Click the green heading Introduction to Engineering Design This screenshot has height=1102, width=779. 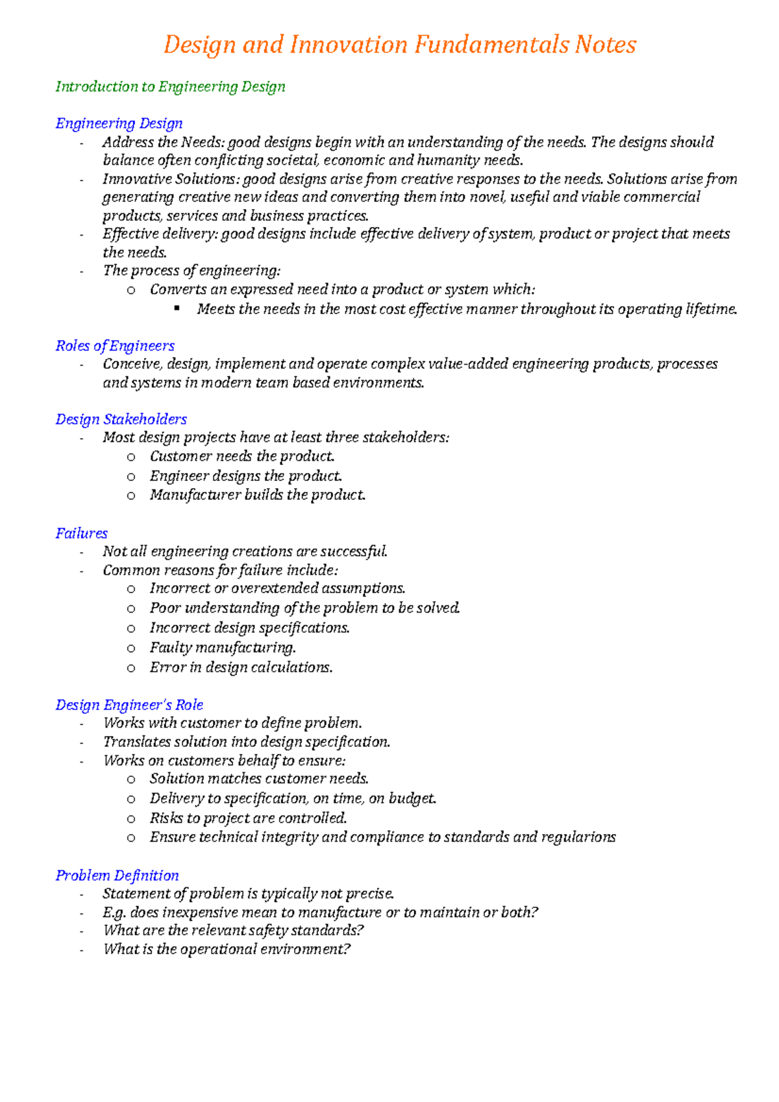[170, 87]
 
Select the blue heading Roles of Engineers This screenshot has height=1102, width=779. [115, 346]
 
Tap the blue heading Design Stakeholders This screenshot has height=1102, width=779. [121, 419]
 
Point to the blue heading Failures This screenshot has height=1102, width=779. [81, 533]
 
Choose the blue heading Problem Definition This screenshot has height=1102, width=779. [117, 875]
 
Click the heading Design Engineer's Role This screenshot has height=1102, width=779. [129, 705]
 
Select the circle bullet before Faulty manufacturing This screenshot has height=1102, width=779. [131, 648]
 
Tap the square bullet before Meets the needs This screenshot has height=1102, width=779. [177, 309]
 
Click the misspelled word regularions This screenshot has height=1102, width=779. [582, 837]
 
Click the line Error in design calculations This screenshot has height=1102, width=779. [241, 668]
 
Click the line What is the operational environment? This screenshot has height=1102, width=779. [227, 949]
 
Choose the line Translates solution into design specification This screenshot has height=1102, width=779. [246, 742]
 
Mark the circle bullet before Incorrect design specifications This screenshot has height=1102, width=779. [131, 629]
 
